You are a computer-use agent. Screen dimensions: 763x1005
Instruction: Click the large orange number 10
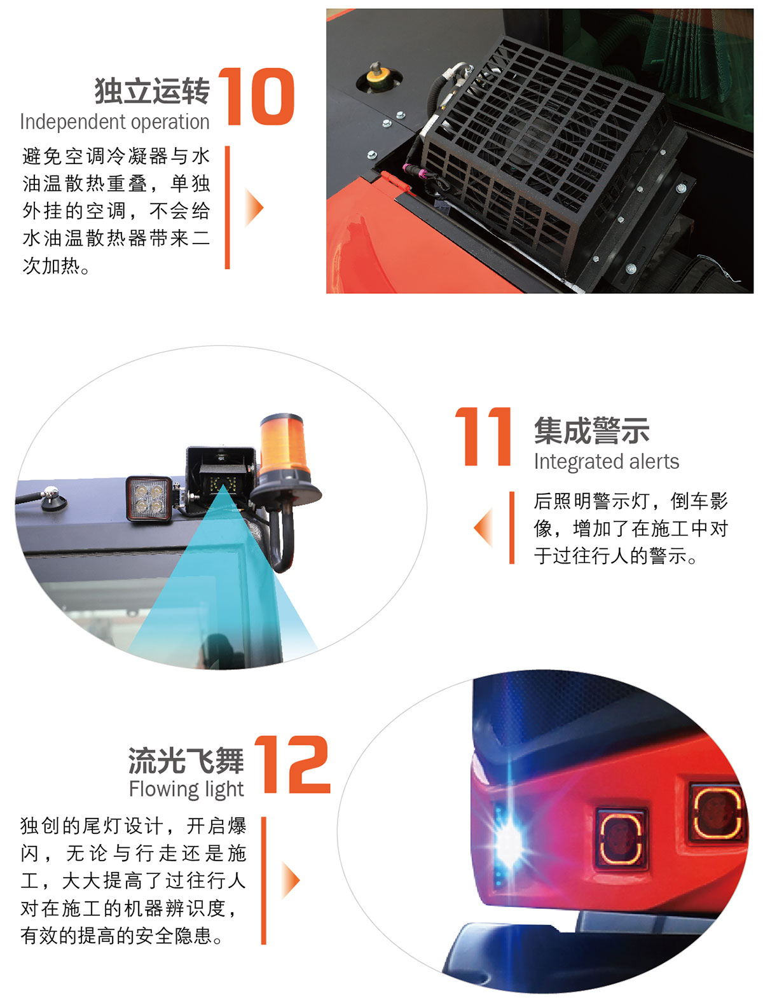(256, 96)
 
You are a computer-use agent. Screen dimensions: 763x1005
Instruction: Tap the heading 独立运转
(153, 91)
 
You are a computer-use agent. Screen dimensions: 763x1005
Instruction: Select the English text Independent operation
(115, 122)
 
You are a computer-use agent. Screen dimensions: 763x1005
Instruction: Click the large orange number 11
(483, 436)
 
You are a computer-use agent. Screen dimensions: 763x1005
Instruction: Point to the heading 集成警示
(592, 431)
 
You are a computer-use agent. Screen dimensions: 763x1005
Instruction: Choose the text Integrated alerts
(607, 462)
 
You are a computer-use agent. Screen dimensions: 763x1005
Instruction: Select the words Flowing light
(186, 790)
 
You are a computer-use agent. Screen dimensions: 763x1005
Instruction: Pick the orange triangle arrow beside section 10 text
(254, 207)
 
